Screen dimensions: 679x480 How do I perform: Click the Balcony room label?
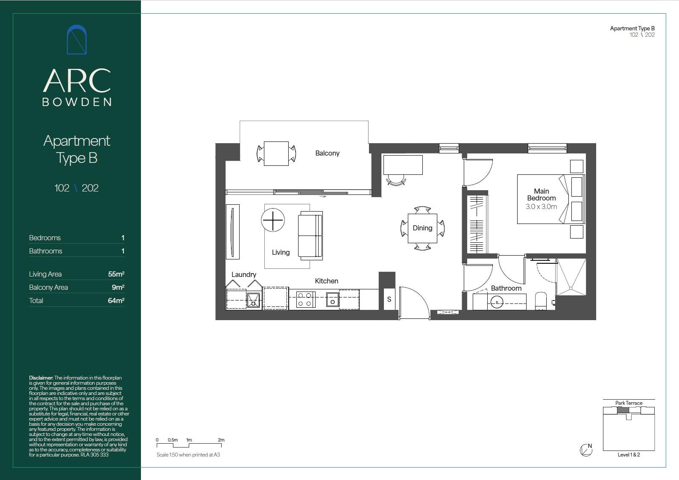tap(327, 153)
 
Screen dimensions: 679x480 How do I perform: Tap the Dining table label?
tap(422, 228)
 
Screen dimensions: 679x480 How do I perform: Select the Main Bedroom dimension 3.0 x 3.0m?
tap(541, 206)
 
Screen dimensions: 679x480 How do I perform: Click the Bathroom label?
tap(506, 288)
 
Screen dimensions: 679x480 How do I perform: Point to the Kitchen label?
tap(326, 281)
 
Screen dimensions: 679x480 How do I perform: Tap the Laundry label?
tap(244, 274)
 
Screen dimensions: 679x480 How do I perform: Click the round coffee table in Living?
tap(273, 220)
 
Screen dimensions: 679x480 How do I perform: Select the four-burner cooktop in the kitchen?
tap(306, 300)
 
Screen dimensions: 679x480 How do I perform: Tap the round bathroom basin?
tap(497, 302)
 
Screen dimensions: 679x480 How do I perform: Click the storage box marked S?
tap(389, 299)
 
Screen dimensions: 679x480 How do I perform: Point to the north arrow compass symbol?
tap(586, 450)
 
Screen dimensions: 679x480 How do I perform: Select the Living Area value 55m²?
tap(116, 274)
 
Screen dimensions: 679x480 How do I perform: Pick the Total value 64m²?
tap(116, 300)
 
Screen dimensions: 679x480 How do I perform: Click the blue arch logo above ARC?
tap(77, 39)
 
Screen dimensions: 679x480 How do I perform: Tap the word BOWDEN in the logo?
tap(77, 102)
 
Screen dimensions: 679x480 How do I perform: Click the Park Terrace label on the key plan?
tap(629, 403)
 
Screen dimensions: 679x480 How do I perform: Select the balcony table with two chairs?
tap(276, 153)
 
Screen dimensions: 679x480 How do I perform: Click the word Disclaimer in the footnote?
tap(41, 378)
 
